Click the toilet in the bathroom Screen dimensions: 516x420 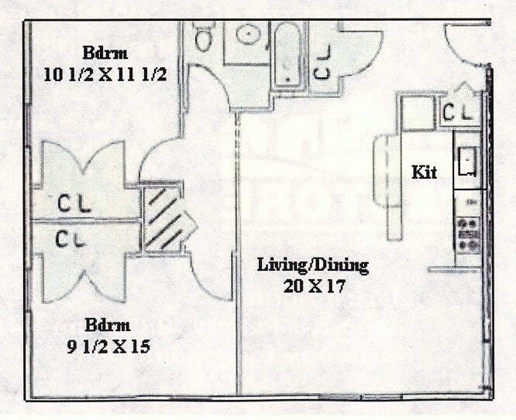point(203,36)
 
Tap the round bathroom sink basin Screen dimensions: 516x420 point(249,34)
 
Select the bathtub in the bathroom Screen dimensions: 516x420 point(288,56)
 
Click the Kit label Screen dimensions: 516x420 point(425,172)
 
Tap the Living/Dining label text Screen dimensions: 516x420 point(313,265)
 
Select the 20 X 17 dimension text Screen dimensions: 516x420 point(315,286)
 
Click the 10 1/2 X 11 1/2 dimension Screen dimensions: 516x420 point(105,75)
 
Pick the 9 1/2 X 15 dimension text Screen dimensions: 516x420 point(108,347)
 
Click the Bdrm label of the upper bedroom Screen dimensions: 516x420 point(105,53)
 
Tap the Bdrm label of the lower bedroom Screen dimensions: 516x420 point(108,325)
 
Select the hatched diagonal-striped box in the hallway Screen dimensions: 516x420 point(163,218)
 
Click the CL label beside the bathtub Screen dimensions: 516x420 point(322,62)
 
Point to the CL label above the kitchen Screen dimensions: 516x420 point(458,111)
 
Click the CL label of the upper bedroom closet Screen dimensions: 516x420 point(74,203)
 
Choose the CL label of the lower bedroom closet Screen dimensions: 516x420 point(71,239)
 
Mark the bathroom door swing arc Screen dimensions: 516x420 point(217,79)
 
